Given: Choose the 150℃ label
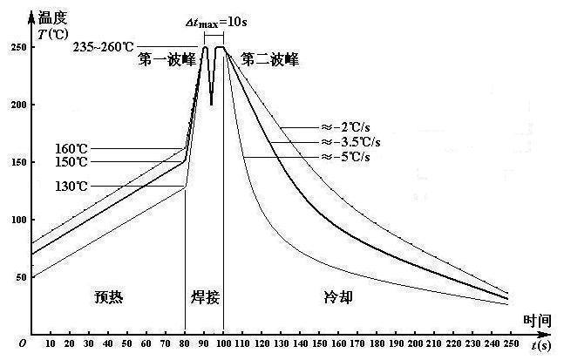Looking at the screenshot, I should pos(71,162).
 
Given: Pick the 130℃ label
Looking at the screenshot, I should pos(71,186).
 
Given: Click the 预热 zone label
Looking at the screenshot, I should pos(109,296).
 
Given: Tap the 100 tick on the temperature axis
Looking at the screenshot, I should pos(17,220).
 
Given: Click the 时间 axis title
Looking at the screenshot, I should pos(537,322).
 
